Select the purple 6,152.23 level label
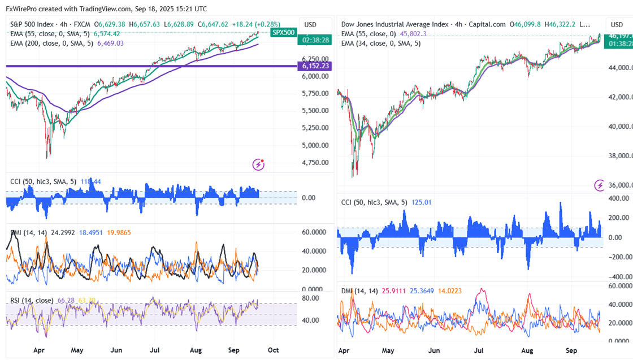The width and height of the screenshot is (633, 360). (x=316, y=66)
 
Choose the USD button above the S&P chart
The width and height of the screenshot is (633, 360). (x=310, y=24)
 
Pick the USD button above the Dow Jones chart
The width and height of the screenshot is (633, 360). (x=616, y=25)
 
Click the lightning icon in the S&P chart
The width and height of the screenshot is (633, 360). (x=259, y=164)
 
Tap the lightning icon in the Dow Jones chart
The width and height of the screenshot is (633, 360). (x=599, y=185)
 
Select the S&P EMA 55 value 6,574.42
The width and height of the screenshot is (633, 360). (x=107, y=34)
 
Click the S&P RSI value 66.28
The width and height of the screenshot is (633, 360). (x=66, y=300)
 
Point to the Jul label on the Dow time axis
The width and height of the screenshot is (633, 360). (x=481, y=350)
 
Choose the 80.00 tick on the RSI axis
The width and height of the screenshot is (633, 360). (x=311, y=298)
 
